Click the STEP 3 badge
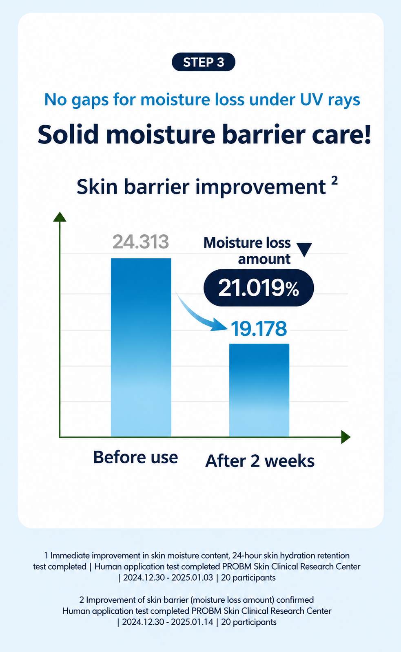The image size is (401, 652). pos(204,62)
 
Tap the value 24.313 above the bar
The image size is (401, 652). pos(141,242)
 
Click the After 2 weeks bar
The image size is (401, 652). pos(259,390)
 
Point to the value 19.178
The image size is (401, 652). pos(259,328)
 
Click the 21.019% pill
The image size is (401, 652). pos(259,288)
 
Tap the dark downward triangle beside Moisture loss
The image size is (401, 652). pos(304,249)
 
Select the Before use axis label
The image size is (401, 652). pos(135,457)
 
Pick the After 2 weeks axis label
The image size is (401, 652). pos(260,461)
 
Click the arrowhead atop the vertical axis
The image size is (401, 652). pos(60,216)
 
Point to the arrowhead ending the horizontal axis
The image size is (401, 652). pos(346,437)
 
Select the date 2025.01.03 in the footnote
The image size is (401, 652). pos(192,577)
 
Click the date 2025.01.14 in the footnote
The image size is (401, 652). pos(192,622)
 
